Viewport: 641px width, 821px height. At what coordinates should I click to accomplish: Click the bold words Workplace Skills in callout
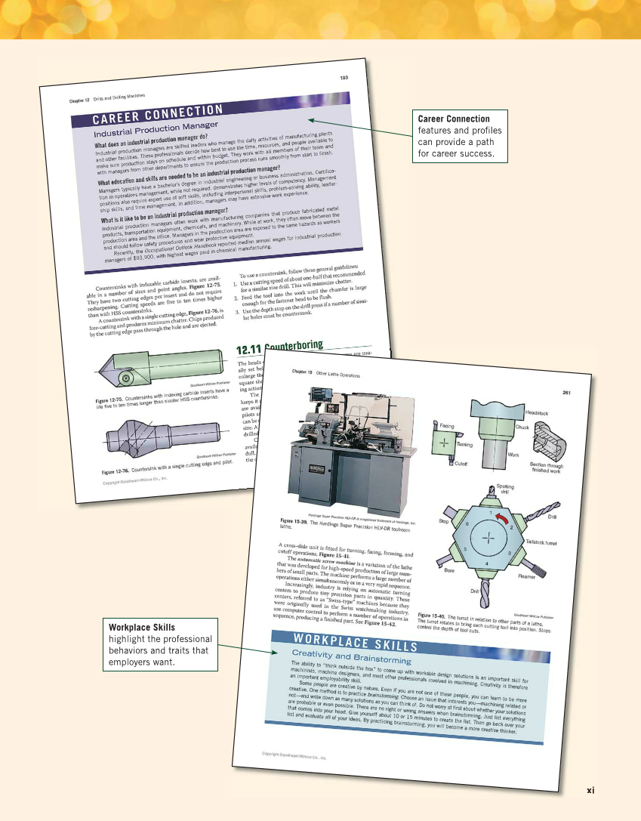tap(142, 628)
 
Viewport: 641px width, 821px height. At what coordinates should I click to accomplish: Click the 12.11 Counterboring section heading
tap(279, 348)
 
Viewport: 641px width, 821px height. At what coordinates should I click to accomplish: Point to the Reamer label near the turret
tap(526, 576)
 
